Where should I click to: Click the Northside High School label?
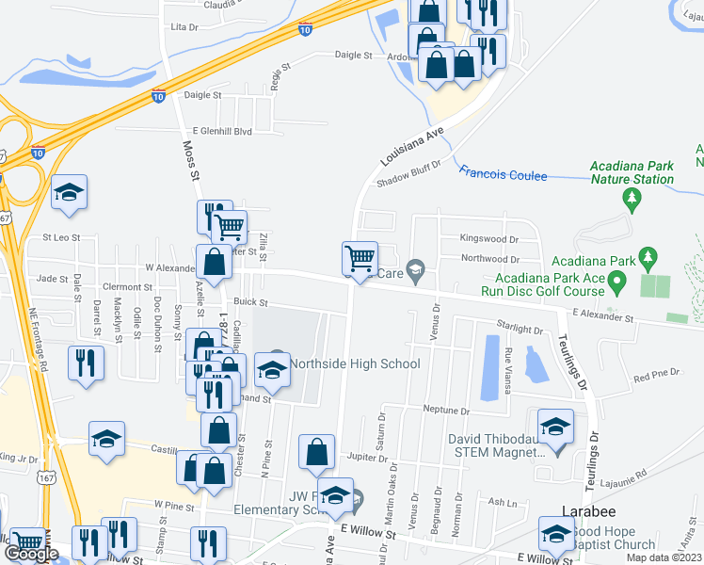(x=354, y=363)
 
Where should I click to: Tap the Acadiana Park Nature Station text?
(x=632, y=172)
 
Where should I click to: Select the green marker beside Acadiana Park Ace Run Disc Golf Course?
(x=616, y=281)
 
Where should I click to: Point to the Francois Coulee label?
(x=503, y=174)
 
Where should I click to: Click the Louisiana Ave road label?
(x=412, y=148)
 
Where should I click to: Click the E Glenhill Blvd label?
(x=223, y=132)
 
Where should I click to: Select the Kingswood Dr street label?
(x=488, y=238)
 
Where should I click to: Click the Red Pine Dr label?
(x=656, y=376)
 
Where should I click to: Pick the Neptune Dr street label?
(x=445, y=412)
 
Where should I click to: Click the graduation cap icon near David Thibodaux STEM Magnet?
(x=555, y=425)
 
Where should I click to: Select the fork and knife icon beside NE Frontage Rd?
(x=86, y=363)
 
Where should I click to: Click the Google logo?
(x=30, y=554)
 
